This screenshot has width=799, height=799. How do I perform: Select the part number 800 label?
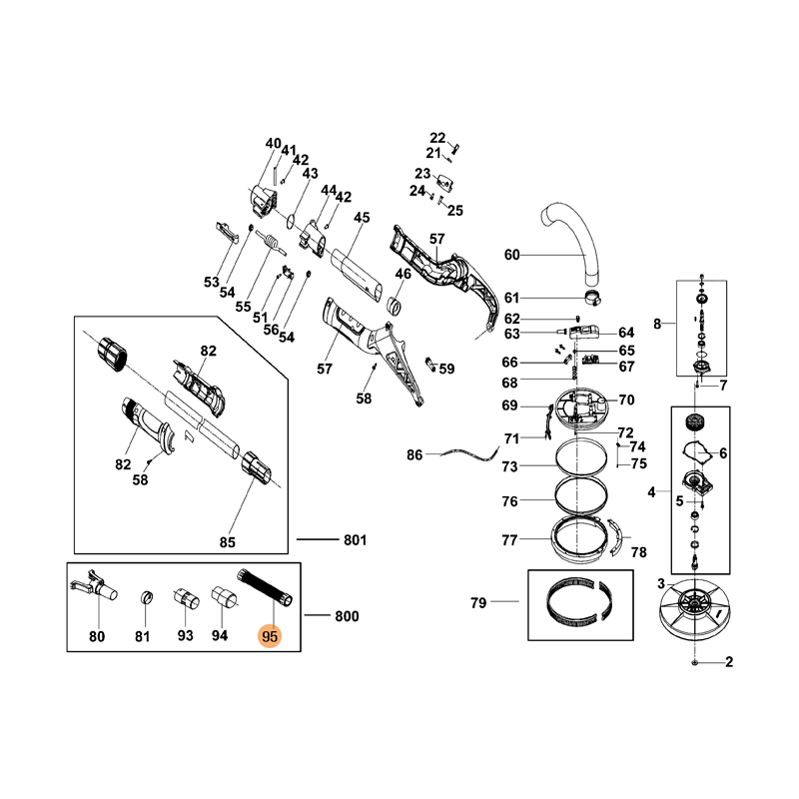[347, 617]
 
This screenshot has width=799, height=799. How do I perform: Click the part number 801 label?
[355, 540]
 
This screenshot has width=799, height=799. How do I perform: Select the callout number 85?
[227, 542]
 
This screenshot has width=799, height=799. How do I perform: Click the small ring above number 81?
[143, 596]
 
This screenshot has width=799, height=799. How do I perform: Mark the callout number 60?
[511, 256]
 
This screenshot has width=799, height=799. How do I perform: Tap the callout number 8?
[657, 324]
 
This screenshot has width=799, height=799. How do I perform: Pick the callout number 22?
[437, 138]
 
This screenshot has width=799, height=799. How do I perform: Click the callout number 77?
[509, 540]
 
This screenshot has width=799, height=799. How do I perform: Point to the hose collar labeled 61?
[593, 299]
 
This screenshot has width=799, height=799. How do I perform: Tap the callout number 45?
[362, 219]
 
